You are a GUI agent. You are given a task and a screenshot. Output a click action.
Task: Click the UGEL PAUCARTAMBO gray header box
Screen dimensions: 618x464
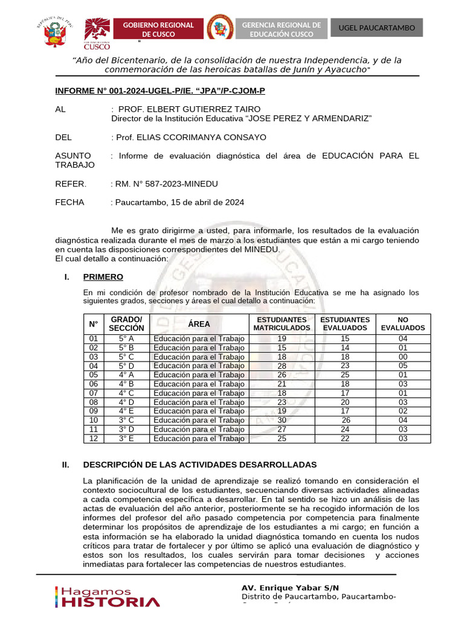376,28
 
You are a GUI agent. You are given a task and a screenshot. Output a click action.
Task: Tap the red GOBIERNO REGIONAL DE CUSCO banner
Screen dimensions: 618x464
158,29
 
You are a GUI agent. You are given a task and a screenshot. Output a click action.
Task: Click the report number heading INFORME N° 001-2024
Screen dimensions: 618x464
160,91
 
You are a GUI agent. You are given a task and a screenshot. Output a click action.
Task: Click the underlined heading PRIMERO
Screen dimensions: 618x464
103,277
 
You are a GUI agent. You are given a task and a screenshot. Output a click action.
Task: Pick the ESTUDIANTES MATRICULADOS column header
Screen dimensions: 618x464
282,323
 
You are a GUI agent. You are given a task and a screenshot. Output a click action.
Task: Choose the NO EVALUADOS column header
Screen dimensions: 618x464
403,323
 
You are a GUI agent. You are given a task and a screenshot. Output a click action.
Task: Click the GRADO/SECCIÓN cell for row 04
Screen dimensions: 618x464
126,366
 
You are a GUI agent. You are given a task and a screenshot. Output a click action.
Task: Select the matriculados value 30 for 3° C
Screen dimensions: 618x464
282,420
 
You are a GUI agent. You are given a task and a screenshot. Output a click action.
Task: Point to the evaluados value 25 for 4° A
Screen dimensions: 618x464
345,375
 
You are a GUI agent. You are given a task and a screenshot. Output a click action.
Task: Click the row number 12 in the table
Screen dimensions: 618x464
94,439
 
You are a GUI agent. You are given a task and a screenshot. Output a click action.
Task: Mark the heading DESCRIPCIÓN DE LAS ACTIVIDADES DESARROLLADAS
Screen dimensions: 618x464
199,465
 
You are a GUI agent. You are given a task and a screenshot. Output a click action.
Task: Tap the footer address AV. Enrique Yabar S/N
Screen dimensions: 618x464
290,588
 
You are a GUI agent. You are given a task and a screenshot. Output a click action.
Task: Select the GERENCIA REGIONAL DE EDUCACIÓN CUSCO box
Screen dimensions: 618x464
281,29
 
